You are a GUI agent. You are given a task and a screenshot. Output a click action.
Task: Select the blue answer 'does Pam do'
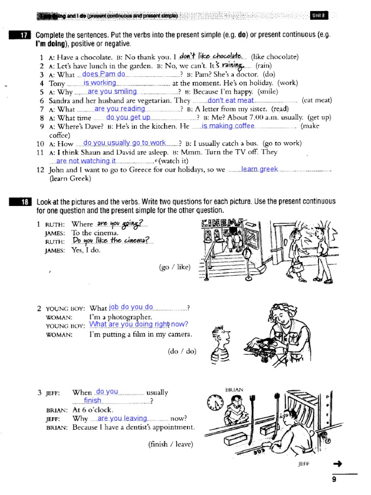104,74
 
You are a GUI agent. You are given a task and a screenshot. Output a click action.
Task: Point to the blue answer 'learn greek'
259,169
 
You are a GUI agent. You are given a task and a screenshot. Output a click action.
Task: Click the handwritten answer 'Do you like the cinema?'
112,241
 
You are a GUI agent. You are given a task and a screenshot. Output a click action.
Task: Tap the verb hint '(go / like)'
174,267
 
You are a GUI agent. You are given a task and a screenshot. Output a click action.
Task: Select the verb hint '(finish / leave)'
171,444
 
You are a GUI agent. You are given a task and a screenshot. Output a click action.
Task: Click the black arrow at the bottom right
338,465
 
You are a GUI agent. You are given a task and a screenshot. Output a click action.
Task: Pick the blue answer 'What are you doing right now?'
139,324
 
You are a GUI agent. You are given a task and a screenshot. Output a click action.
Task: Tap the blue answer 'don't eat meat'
230,101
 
